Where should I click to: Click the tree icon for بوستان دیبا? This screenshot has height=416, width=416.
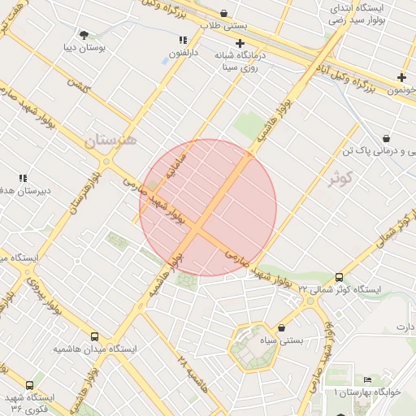(x=84, y=34)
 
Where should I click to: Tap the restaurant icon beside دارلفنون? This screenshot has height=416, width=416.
(x=183, y=40)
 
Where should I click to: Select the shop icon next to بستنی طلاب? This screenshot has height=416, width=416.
(x=223, y=13)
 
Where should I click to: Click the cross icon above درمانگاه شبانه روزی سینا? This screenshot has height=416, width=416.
(x=240, y=43)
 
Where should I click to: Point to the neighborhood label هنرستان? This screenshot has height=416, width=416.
(x=110, y=140)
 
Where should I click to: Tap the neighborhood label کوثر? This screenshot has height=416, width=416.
(x=342, y=177)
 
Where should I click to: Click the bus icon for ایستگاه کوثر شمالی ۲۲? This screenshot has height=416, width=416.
(x=339, y=278)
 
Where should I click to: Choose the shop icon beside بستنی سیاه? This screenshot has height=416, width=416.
(x=281, y=328)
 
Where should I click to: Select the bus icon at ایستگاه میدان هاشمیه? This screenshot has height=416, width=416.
(x=95, y=336)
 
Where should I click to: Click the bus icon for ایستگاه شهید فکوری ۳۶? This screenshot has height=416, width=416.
(x=30, y=386)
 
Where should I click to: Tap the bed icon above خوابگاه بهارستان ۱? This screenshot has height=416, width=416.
(x=367, y=379)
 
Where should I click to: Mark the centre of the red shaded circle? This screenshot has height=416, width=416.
(x=208, y=207)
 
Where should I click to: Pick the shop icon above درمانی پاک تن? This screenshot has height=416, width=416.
(x=384, y=138)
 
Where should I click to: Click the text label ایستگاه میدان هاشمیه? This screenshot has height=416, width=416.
(x=95, y=349)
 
